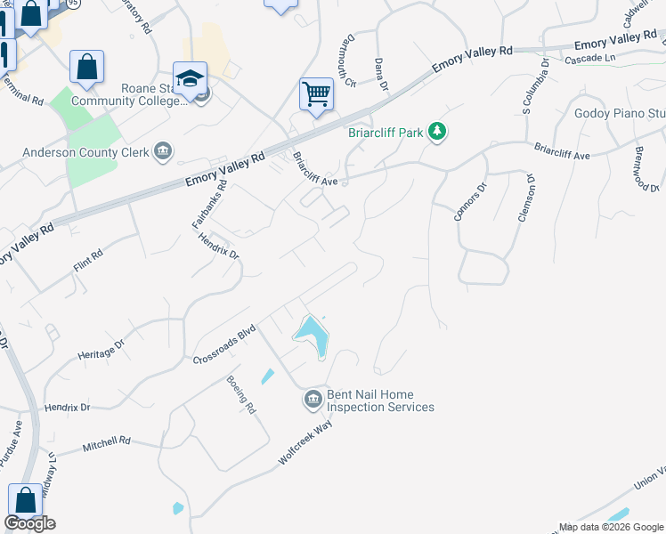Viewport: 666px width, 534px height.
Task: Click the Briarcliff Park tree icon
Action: (x=436, y=133)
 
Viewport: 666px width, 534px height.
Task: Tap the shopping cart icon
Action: (x=316, y=93)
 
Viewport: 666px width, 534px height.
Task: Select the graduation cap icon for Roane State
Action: (x=190, y=77)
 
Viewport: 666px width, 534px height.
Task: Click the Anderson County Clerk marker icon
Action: (x=163, y=151)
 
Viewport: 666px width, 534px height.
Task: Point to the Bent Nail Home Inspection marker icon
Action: (x=313, y=400)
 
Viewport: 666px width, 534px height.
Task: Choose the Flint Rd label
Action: (x=88, y=258)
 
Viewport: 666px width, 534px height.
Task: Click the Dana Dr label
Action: (x=381, y=75)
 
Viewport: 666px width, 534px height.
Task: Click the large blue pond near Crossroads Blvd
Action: (x=312, y=336)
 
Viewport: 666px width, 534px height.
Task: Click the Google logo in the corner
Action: (x=29, y=523)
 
